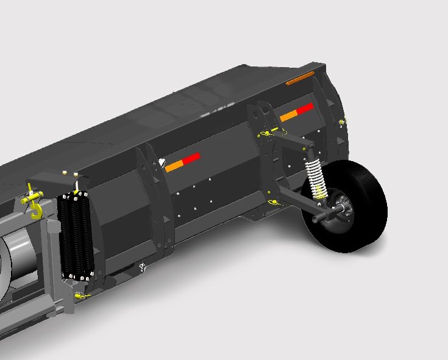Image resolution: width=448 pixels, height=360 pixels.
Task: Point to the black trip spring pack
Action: pos(76,235)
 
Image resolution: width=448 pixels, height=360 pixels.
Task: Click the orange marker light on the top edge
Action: pos(299,78)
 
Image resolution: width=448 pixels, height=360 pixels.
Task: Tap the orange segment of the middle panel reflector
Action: pos(175,165)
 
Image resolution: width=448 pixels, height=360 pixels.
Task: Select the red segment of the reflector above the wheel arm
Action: pos(305,109)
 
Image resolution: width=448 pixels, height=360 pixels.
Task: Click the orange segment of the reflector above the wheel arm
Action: pos(288,115)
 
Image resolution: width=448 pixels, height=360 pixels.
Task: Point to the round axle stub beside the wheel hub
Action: pos(319,217)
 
